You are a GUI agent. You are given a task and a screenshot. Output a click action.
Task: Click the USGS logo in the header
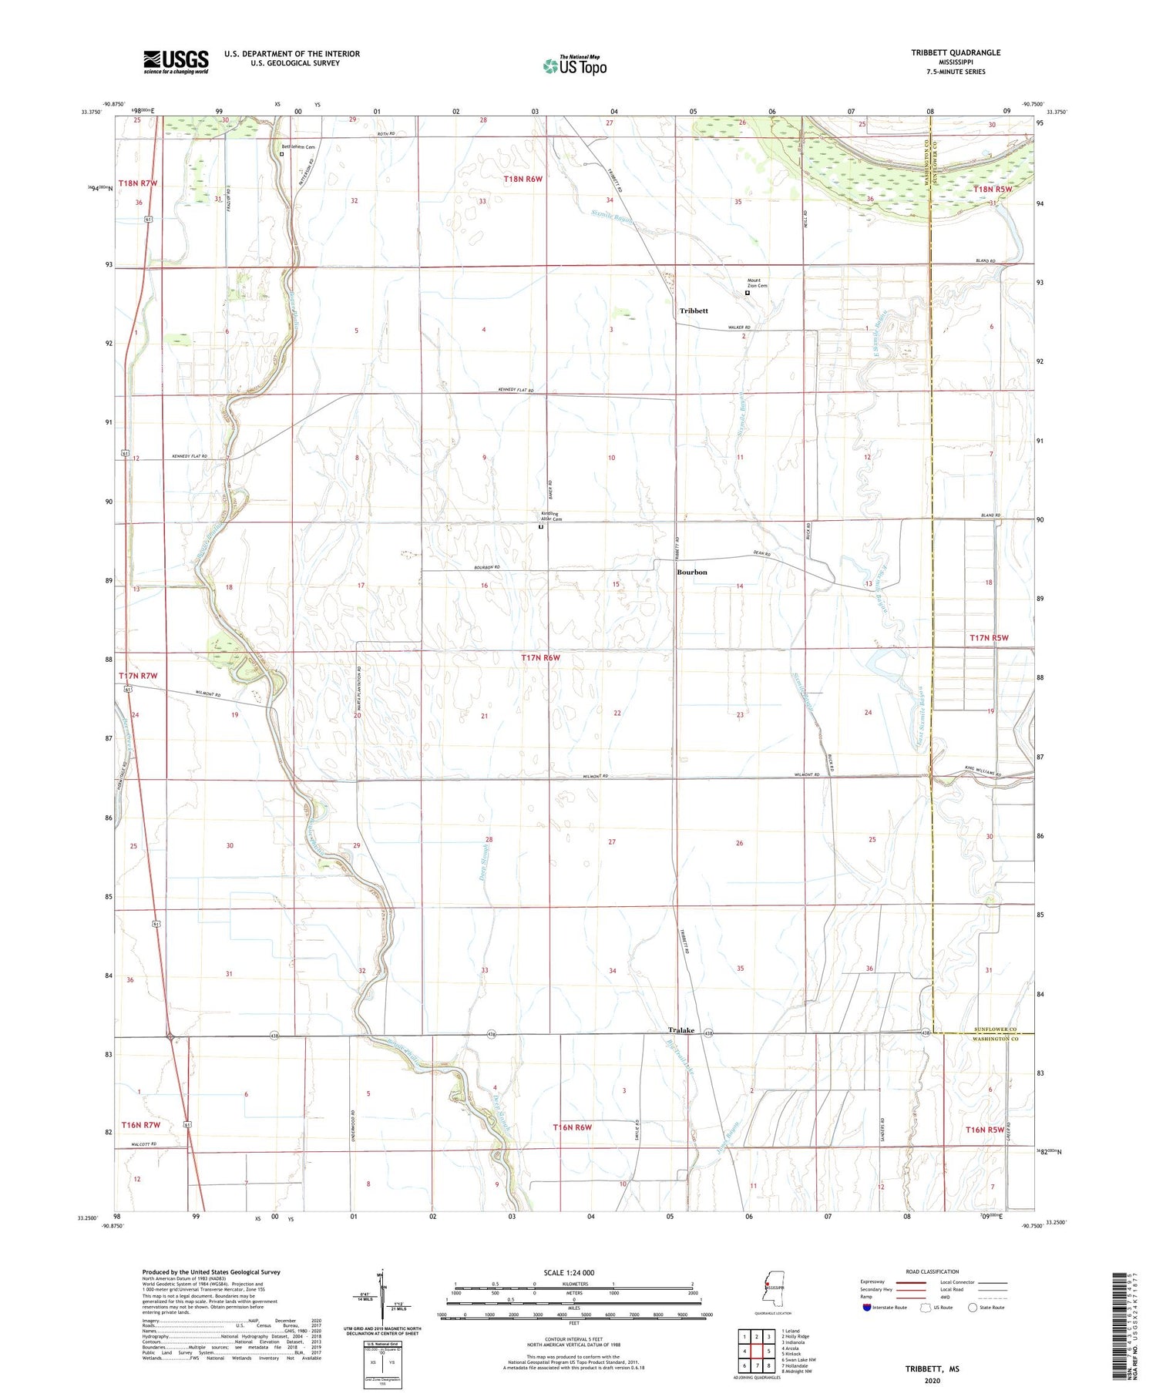pyautogui.click(x=176, y=62)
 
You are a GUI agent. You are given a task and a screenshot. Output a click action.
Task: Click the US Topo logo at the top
pyautogui.click(x=575, y=66)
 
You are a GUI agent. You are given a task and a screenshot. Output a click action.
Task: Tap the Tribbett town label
pyautogui.click(x=694, y=311)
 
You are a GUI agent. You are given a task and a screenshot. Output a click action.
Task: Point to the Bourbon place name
pyautogui.click(x=691, y=572)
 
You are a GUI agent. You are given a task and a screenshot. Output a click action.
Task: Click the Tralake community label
pyautogui.click(x=680, y=1030)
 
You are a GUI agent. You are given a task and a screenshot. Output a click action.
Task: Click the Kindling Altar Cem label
pyautogui.click(x=550, y=516)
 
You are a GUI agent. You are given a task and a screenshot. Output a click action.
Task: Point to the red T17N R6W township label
pyautogui.click(x=540, y=658)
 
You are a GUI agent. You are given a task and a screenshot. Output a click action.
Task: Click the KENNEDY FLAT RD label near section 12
pyautogui.click(x=190, y=456)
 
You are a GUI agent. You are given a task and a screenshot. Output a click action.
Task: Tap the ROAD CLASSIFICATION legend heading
pyautogui.click(x=932, y=1271)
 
